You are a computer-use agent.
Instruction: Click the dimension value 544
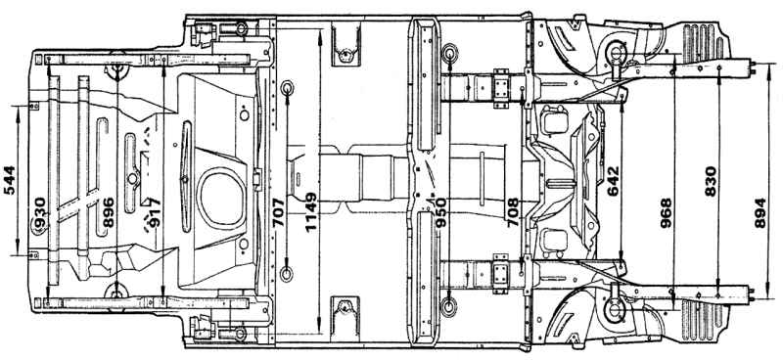click(x=10, y=180)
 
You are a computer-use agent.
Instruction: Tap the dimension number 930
click(x=40, y=212)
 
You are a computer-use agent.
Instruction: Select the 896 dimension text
click(x=109, y=212)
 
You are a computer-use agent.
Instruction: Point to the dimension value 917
click(x=154, y=213)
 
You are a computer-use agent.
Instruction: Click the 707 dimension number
click(x=279, y=212)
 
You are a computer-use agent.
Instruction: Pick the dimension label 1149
click(x=310, y=212)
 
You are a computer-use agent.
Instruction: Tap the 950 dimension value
click(x=440, y=212)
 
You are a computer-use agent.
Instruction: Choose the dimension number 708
click(x=513, y=212)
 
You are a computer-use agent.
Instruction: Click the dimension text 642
click(x=613, y=181)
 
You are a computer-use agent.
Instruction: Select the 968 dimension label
click(x=666, y=213)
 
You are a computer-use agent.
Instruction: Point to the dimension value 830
click(x=711, y=181)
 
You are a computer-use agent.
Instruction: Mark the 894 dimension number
click(x=760, y=213)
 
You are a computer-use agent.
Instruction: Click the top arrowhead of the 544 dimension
click(x=18, y=111)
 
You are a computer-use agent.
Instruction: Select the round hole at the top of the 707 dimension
click(x=287, y=88)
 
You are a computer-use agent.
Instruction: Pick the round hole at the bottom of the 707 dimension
click(x=287, y=274)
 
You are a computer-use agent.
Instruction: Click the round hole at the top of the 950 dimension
click(x=449, y=53)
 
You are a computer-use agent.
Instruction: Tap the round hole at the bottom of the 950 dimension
click(x=449, y=306)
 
